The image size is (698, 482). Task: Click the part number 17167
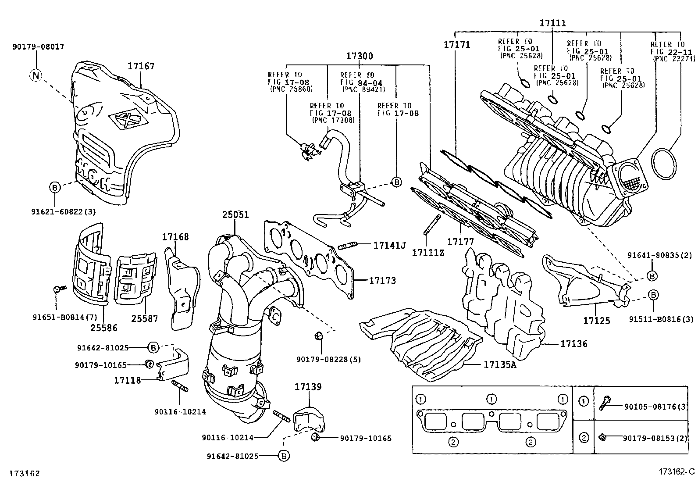tap(141, 66)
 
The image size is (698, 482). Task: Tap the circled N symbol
tap(36, 76)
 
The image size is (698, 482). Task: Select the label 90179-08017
tap(38, 46)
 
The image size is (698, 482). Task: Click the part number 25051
tap(235, 215)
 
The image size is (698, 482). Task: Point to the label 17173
tap(382, 280)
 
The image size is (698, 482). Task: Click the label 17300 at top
tap(360, 56)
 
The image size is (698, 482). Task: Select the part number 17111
tap(552, 23)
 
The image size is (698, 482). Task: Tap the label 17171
tap(456, 44)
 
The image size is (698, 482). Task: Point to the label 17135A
tap(500, 364)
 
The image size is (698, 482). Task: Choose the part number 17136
tap(573, 344)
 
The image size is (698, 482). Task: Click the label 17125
tap(596, 321)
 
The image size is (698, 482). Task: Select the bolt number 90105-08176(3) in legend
tap(656, 406)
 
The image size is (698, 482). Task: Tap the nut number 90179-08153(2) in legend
tap(656, 438)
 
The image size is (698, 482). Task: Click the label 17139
tap(308, 387)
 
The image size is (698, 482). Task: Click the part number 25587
tap(145, 319)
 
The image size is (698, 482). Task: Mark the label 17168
tap(175, 237)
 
